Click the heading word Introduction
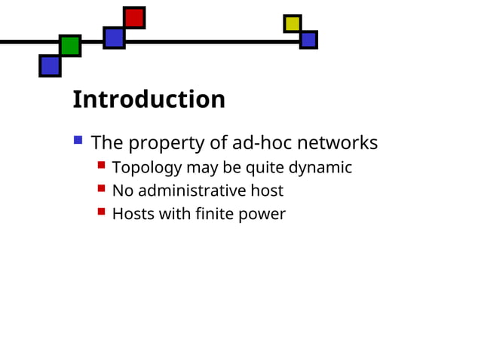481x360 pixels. (149, 99)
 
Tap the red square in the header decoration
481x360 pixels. (134, 17)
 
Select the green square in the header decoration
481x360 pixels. (70, 45)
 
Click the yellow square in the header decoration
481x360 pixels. (293, 24)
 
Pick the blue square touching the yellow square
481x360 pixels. (308, 39)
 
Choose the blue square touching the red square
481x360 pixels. (114, 37)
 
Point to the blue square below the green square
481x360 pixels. (50, 66)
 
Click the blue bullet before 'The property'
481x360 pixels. (78, 139)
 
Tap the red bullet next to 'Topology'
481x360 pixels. (101, 164)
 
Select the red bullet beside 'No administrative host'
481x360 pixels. (101, 188)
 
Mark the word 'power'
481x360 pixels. (262, 215)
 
